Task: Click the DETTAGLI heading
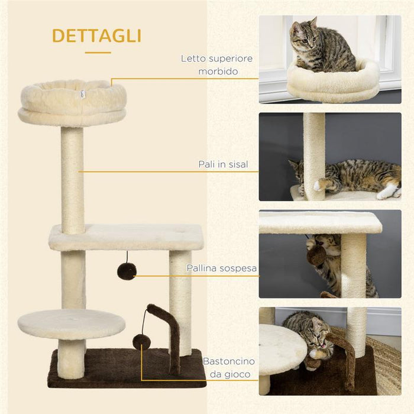click(x=96, y=35)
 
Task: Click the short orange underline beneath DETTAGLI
click(x=98, y=53)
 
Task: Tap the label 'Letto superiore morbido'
click(x=217, y=64)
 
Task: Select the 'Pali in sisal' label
click(x=223, y=164)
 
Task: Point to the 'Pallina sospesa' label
click(x=222, y=268)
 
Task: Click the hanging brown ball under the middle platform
click(x=126, y=271)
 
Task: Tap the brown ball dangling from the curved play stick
click(x=141, y=341)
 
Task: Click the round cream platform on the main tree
click(x=72, y=324)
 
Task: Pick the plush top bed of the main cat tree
click(x=72, y=102)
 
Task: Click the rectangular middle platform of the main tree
click(x=126, y=237)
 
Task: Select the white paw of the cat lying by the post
click(x=387, y=191)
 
